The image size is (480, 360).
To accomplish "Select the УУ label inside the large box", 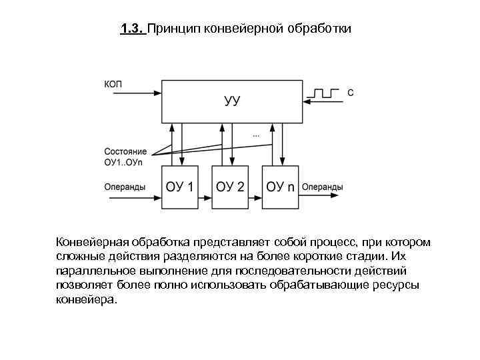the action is [x=231, y=101].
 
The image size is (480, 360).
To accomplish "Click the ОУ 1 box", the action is [x=180, y=186].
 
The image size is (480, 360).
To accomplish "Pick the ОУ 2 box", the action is [x=230, y=186].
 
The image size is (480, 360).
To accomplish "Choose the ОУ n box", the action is [x=280, y=186].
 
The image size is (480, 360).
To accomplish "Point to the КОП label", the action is [x=113, y=84].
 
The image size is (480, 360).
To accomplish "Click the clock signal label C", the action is [x=351, y=93].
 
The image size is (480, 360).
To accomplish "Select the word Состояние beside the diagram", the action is [x=126, y=151].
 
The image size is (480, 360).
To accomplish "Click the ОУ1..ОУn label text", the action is [x=125, y=161].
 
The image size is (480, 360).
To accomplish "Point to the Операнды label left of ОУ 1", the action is [x=125, y=187].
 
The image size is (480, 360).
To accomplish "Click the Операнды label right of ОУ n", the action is [x=323, y=187].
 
